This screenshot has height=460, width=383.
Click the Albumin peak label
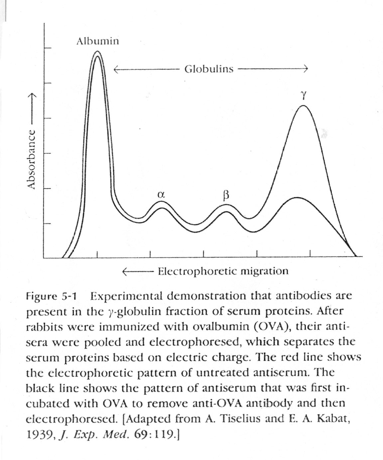(97, 41)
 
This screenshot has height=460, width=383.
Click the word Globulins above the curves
(209, 69)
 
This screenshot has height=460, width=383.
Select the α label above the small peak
(161, 195)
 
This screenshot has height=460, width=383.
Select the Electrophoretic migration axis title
(223, 271)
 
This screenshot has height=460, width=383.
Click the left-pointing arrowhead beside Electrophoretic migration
(125, 271)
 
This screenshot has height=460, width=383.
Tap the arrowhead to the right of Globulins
(306, 69)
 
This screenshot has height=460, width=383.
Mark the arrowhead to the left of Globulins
(116, 69)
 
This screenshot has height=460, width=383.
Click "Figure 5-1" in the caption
(52, 296)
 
